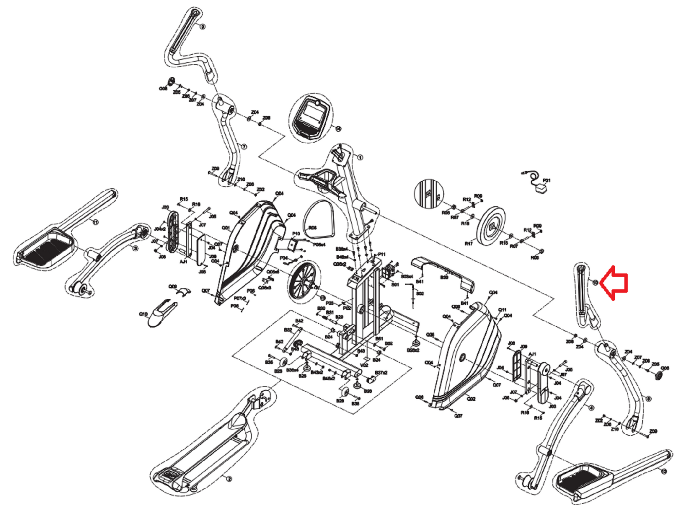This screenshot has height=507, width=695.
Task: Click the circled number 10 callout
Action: point(595,282)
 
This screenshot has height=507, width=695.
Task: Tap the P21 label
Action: point(546,180)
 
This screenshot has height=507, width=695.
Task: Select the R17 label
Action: point(468,243)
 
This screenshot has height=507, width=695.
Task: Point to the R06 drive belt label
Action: point(313,228)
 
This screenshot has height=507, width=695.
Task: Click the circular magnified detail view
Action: point(429,194)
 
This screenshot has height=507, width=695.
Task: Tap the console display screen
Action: point(312,112)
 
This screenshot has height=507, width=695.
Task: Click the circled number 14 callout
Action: point(338,129)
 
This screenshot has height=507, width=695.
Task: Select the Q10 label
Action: point(143,314)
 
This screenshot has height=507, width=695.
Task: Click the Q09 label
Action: point(173,287)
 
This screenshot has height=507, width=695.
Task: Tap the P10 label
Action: point(296,234)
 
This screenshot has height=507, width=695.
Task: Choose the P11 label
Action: point(382,254)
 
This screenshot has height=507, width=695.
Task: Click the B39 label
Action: point(444,277)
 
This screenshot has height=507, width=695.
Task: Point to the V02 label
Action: point(364,365)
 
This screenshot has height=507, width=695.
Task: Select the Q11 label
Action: point(502,310)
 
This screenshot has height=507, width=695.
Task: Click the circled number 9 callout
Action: point(203,26)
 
